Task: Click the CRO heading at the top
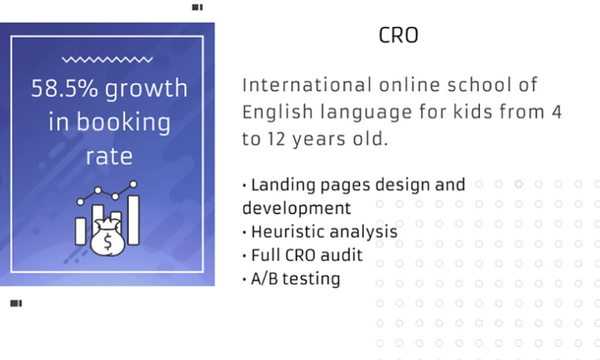[x=398, y=36]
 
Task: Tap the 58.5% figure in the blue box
[x=64, y=88]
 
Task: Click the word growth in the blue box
[x=146, y=88]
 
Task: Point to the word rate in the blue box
[x=109, y=156]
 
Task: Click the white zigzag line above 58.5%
[x=107, y=59]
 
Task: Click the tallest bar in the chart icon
[x=134, y=220]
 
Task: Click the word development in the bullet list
[x=296, y=207]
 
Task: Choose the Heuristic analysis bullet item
[x=323, y=231]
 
